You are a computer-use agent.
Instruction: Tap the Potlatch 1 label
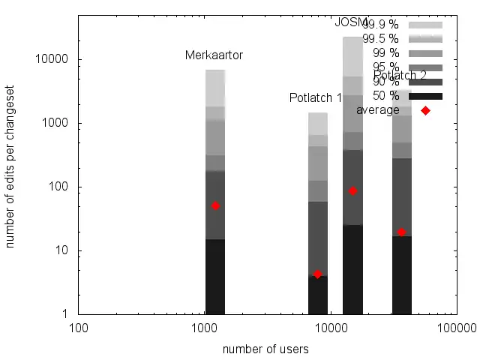click(x=315, y=98)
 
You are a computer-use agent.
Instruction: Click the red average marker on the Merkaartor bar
click(x=215, y=205)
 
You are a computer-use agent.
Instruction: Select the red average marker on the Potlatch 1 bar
click(x=317, y=274)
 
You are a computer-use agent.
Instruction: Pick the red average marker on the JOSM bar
click(x=352, y=191)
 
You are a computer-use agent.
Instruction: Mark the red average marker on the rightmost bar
click(x=402, y=232)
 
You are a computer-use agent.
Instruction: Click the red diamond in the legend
click(x=425, y=110)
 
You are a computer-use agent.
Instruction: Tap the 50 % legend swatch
click(x=425, y=96)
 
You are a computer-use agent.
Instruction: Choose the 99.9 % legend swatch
click(x=425, y=25)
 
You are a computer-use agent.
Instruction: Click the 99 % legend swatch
click(x=425, y=53)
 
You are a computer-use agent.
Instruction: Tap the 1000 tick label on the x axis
click(x=205, y=328)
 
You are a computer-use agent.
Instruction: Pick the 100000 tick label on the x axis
click(x=457, y=328)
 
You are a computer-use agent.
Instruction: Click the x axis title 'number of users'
click(x=265, y=349)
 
